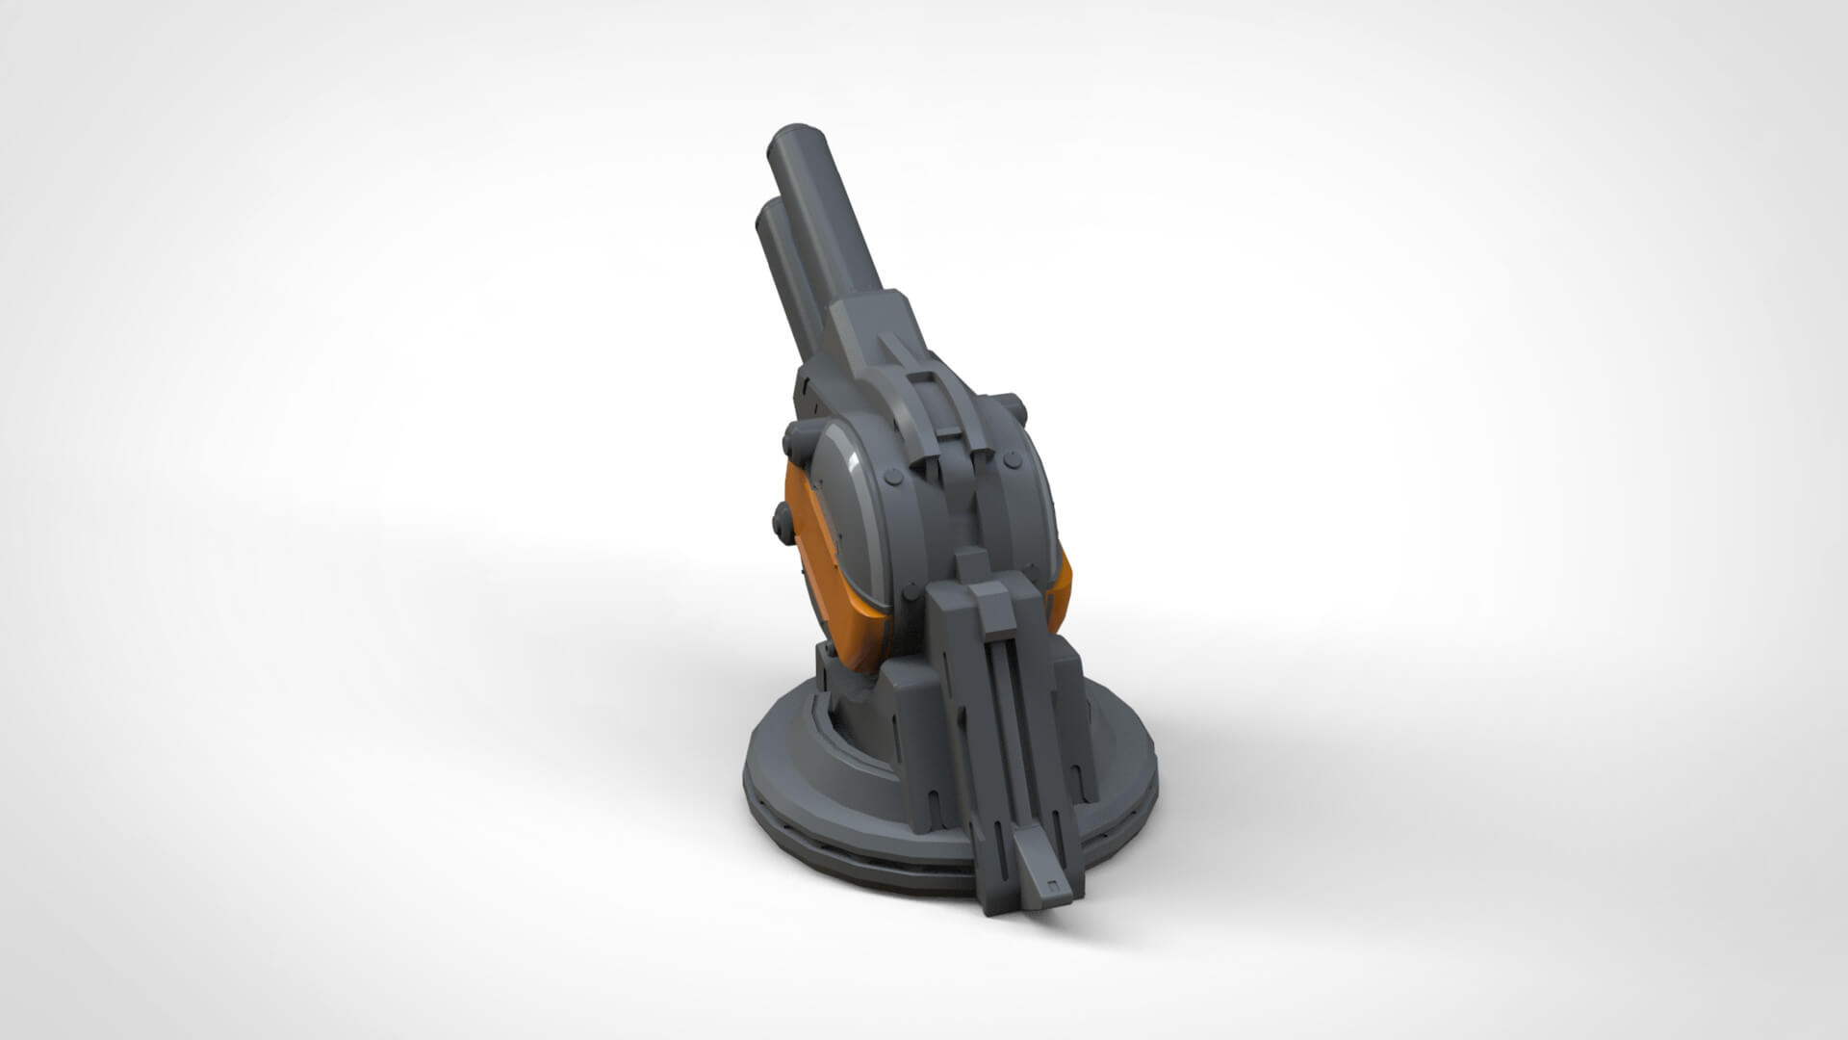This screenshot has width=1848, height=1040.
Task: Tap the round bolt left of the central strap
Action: pos(891,476)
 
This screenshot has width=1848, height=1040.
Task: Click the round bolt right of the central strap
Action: pos(1011,463)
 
